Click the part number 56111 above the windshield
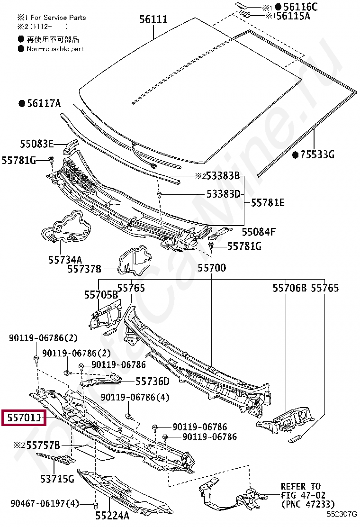click(153, 19)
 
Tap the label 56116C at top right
click(300, 7)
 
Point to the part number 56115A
click(293, 16)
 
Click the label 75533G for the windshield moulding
click(317, 154)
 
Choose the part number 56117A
click(44, 103)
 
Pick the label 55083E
click(36, 144)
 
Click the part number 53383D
click(223, 194)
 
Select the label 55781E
click(268, 202)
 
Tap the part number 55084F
click(259, 232)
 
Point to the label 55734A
click(65, 260)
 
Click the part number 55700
click(212, 268)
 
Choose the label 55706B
click(289, 288)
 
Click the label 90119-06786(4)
click(135, 397)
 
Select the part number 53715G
click(57, 479)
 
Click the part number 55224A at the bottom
click(112, 515)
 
